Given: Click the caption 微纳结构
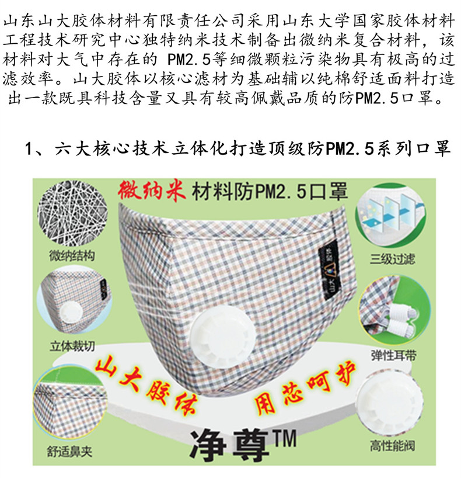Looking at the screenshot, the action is (x=72, y=255).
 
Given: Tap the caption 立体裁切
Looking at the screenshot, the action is (x=72, y=346).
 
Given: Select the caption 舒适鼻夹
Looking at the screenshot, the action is (x=69, y=451).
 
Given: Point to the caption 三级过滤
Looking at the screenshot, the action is (x=393, y=259).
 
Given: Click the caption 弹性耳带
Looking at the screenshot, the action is (x=393, y=355).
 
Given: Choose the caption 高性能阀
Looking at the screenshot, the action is (x=393, y=446).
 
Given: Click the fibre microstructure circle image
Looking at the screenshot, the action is (x=72, y=214).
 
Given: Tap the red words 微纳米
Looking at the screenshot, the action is (x=152, y=191).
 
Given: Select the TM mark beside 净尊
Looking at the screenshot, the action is (x=284, y=438).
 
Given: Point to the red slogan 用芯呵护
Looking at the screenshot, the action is (x=305, y=388).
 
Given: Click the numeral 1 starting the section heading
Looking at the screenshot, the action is (x=29, y=149).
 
